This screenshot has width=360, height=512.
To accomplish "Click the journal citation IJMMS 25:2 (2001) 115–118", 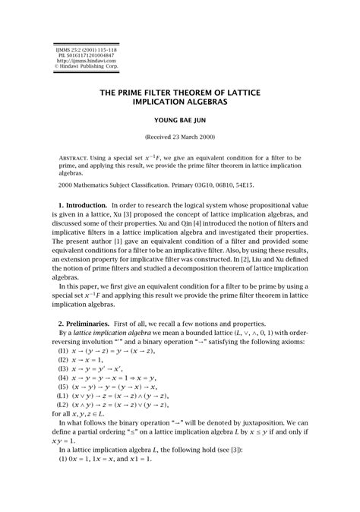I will pos(84,47).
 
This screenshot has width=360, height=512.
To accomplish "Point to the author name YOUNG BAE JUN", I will pos(179,120).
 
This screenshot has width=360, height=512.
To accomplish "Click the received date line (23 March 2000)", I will pos(179,137).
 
